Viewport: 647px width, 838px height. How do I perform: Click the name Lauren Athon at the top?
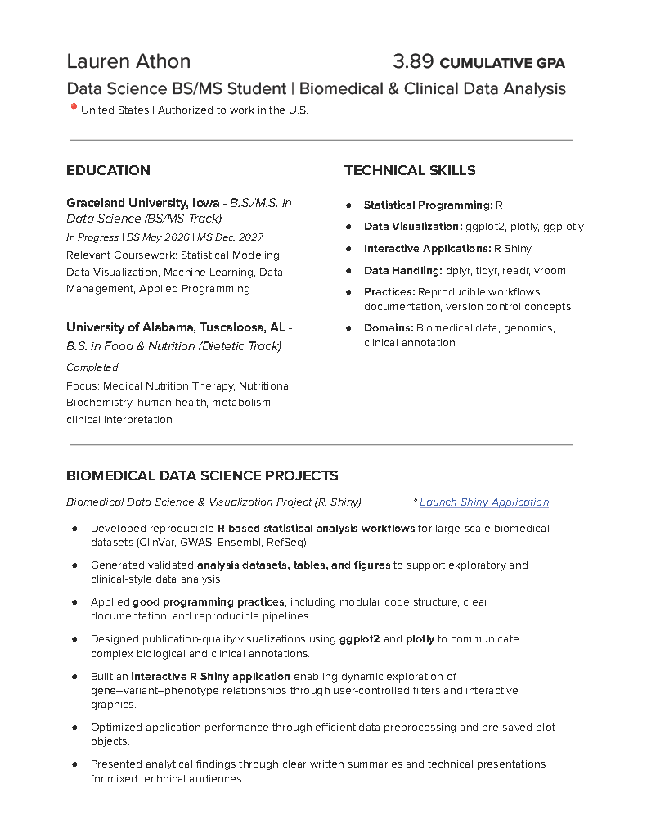pyautogui.click(x=128, y=61)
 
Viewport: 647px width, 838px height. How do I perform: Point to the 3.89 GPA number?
pyautogui.click(x=413, y=61)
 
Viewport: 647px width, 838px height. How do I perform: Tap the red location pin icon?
pyautogui.click(x=73, y=110)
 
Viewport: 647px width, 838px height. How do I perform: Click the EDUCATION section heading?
pyautogui.click(x=108, y=170)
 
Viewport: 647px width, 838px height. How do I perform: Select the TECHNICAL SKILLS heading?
pyautogui.click(x=410, y=170)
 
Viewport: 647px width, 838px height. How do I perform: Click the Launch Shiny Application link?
pyautogui.click(x=484, y=502)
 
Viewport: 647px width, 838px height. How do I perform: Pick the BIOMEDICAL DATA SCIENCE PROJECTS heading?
pyautogui.click(x=202, y=475)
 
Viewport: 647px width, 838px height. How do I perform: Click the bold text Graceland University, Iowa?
pyautogui.click(x=142, y=203)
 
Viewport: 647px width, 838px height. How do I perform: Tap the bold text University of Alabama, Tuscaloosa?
pyautogui.click(x=176, y=327)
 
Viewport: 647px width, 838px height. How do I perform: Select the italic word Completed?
pyautogui.click(x=92, y=367)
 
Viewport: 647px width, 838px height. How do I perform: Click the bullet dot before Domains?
pyautogui.click(x=349, y=328)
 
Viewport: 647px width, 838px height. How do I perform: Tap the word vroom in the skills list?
pyautogui.click(x=550, y=270)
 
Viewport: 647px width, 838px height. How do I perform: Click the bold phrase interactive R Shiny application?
pyautogui.click(x=210, y=677)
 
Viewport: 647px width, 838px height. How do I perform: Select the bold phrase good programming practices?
pyautogui.click(x=209, y=602)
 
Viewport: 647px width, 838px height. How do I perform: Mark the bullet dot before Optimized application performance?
pyautogui.click(x=74, y=727)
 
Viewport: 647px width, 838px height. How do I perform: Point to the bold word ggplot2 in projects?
pyautogui.click(x=360, y=638)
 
